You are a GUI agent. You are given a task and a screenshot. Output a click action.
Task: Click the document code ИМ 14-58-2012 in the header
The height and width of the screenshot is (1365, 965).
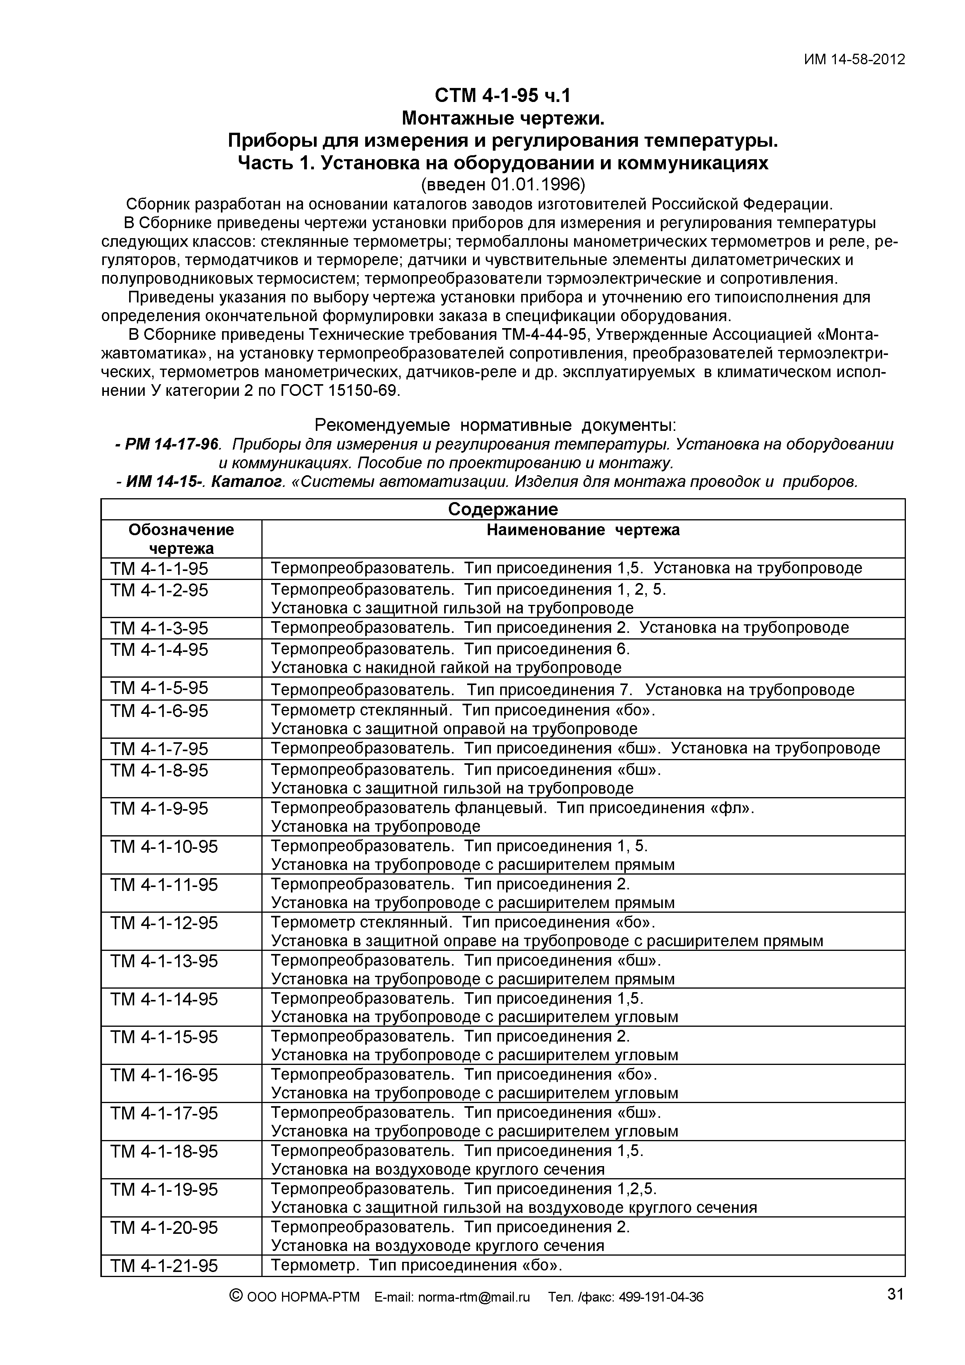coord(854,60)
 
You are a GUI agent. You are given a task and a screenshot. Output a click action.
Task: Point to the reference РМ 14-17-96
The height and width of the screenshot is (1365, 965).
coord(172,444)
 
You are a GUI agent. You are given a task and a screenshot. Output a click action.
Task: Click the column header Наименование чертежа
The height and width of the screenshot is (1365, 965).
coord(583,530)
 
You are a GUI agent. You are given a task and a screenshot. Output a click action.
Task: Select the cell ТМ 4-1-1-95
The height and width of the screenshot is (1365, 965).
coord(159,569)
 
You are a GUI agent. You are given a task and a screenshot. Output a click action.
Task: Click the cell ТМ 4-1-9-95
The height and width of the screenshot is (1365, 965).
coord(159,808)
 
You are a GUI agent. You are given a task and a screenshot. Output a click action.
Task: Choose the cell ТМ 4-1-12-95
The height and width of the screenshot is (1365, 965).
coord(164,923)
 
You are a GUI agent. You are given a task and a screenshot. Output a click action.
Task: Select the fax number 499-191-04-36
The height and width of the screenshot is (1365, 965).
coord(661,1297)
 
